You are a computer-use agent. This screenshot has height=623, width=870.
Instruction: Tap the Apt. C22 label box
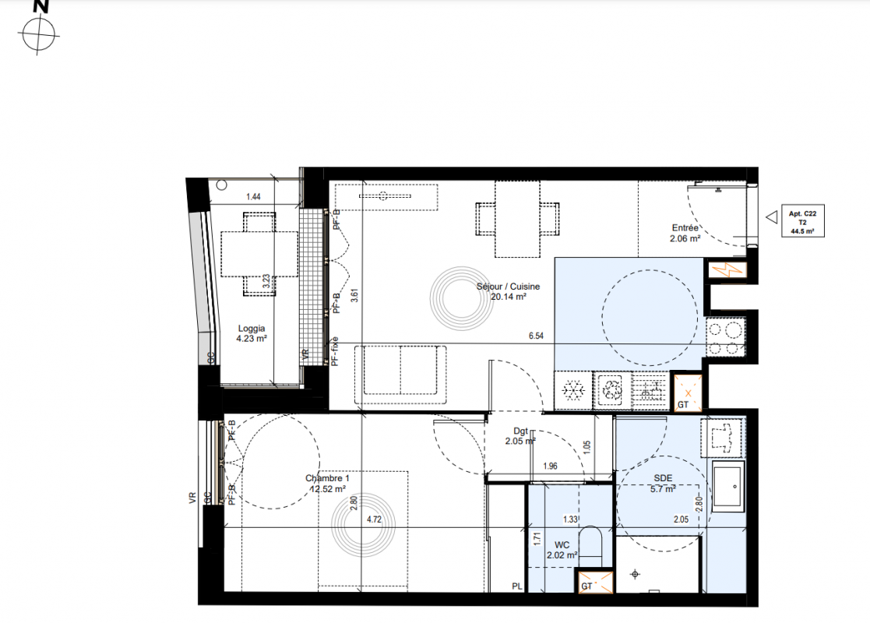point(802,222)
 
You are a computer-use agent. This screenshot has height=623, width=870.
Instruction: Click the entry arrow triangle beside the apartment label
point(772,217)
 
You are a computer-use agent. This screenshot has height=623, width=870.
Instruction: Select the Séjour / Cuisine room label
point(508,291)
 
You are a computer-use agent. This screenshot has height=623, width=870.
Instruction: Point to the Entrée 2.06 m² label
point(685,233)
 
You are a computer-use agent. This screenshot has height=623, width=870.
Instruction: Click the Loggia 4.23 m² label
point(252,333)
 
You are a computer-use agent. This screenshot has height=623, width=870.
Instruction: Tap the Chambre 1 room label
point(327,483)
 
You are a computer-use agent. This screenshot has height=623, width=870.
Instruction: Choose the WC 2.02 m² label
point(562,550)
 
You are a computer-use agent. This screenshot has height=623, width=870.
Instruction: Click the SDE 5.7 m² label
point(663,483)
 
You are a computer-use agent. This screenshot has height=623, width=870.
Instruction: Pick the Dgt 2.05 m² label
point(520,436)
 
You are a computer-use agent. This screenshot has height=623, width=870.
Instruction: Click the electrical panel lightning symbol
point(727,270)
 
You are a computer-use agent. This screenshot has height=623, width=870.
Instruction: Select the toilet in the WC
point(590,547)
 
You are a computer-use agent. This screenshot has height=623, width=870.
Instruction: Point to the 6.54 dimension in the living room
point(536,336)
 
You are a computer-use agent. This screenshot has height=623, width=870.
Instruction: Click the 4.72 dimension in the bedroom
point(374,519)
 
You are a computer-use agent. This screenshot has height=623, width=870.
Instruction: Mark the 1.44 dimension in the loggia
point(253,196)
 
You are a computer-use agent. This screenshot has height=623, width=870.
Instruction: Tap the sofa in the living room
point(400,375)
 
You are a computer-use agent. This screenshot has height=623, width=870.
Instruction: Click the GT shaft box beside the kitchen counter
point(687,392)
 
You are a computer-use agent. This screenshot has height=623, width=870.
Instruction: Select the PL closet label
point(517,586)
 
